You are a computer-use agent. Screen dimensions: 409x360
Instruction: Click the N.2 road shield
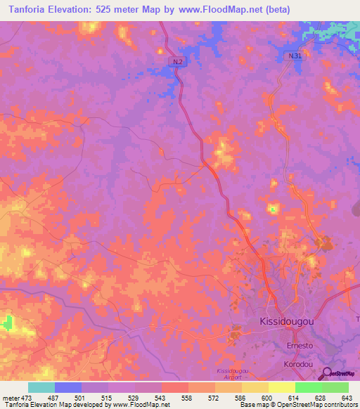click(179, 63)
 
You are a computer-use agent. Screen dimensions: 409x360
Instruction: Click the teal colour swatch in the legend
click(41, 387)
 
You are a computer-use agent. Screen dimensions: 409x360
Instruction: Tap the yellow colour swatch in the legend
click(281, 387)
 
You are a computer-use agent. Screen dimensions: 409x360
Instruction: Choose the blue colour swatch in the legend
click(68, 387)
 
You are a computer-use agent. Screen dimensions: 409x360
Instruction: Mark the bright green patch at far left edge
click(8, 323)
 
